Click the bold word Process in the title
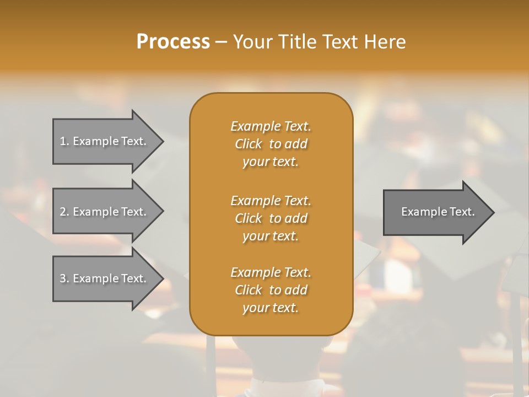[173, 42]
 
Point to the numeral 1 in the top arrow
[63, 141]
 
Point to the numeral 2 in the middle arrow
[63, 212]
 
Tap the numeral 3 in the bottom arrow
[63, 278]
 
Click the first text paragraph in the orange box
[271, 144]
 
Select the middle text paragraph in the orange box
[271, 218]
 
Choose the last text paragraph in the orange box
[271, 290]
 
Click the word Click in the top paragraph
[249, 144]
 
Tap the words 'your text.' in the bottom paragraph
[271, 308]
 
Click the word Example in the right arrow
[422, 212]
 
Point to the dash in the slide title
[221, 42]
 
